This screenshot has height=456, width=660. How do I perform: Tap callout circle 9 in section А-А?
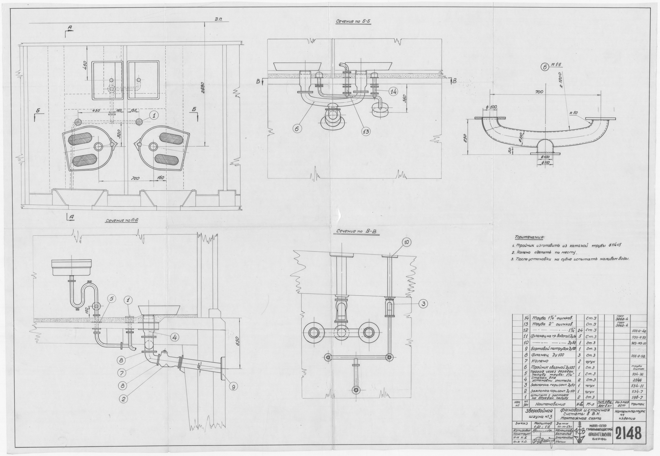coord(233,387)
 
